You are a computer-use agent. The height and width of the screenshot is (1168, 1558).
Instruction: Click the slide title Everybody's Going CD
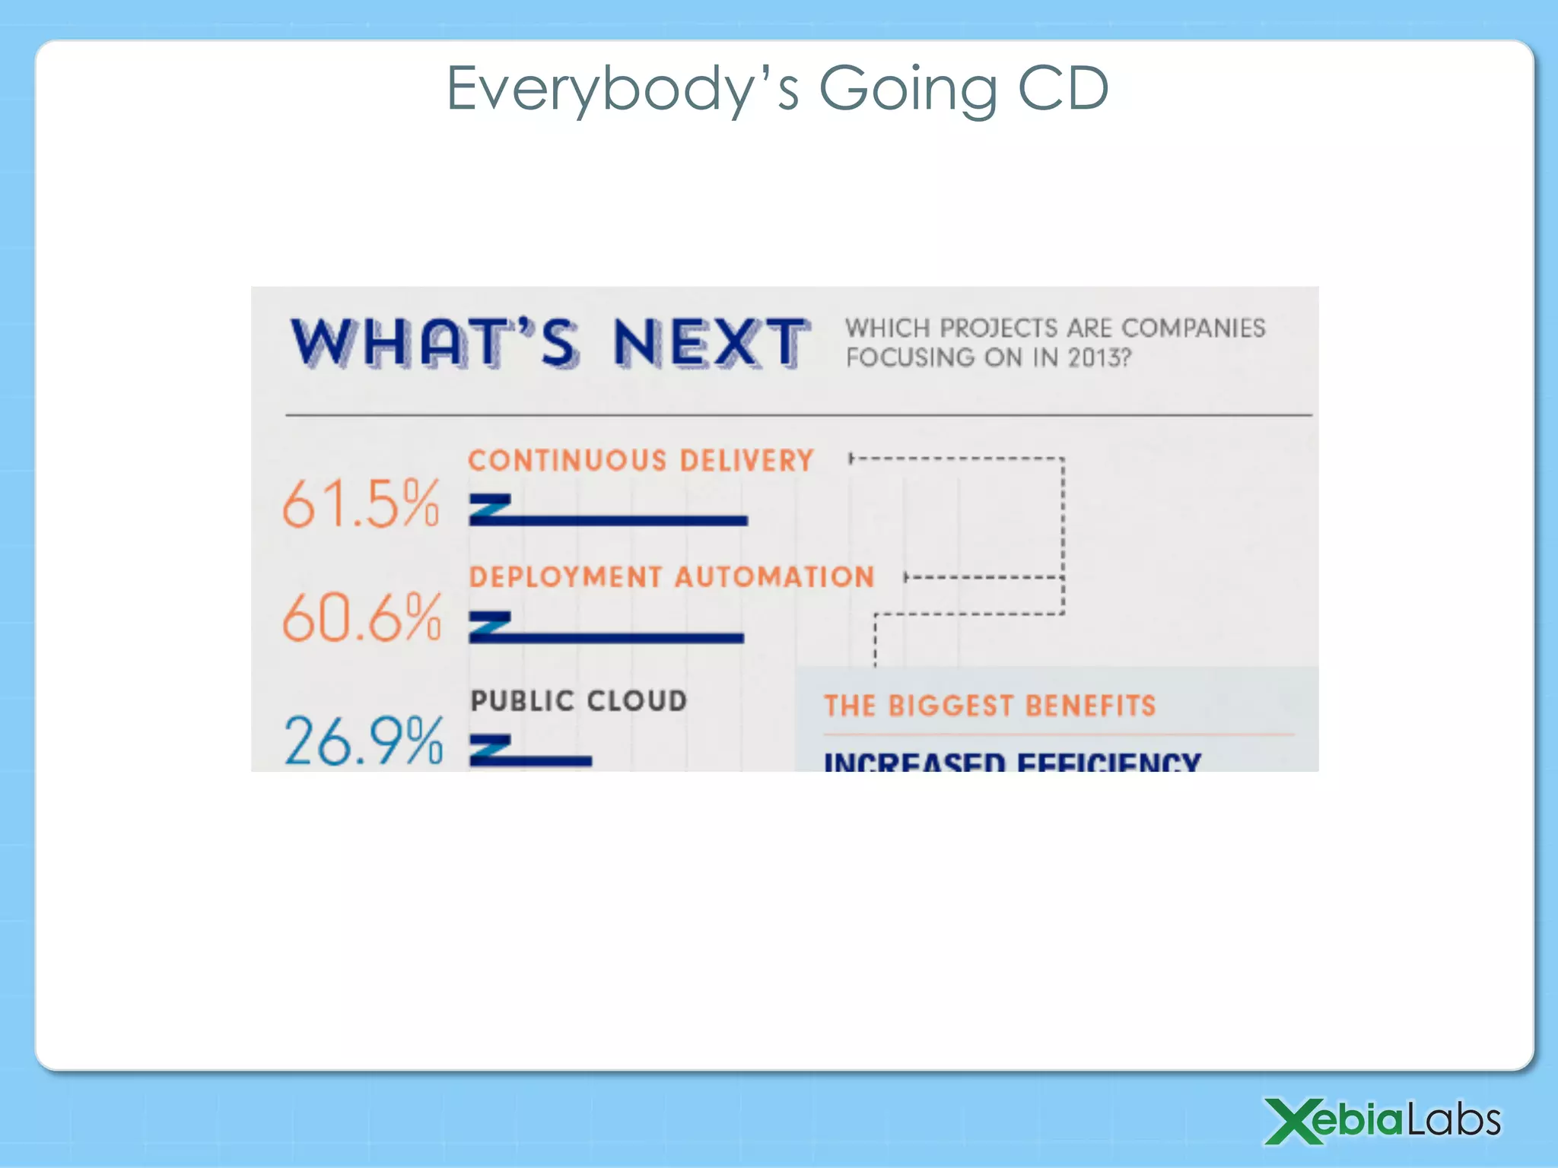[x=777, y=89]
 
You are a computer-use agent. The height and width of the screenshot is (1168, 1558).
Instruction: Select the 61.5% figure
[x=361, y=503]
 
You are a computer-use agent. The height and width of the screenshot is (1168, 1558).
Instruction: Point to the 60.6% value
[x=361, y=617]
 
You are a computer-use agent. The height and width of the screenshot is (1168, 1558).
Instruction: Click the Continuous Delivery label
[x=641, y=461]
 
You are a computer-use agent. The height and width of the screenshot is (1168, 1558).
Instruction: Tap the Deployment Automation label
[x=672, y=577]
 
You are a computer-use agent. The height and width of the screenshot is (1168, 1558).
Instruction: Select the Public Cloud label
[x=579, y=700]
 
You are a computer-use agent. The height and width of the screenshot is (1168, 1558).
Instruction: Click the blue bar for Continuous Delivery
[x=609, y=520]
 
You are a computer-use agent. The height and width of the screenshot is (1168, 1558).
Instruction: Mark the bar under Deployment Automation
[x=606, y=637]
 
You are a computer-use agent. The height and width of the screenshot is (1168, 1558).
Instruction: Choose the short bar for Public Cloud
[x=531, y=760]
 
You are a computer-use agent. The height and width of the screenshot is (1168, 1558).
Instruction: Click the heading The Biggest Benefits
[x=990, y=706]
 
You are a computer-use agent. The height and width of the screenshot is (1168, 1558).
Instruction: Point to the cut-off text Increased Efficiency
[x=1013, y=761]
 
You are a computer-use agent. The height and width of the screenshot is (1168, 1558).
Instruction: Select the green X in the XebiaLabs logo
[x=1293, y=1120]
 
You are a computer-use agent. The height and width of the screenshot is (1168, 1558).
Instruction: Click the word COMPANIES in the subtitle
[x=1193, y=328]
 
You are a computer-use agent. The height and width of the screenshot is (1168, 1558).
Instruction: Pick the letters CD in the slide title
[x=1063, y=89]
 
